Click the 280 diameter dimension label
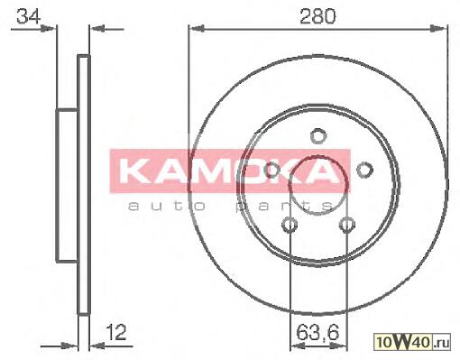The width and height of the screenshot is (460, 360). tap(317, 16)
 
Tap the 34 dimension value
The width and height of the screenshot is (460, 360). tap(29, 16)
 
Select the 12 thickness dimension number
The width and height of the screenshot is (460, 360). tap(115, 332)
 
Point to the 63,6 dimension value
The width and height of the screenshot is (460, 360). tap(317, 333)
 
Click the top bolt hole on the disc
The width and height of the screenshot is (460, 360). tap(318, 135)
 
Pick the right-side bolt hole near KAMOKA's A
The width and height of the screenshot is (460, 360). tap(364, 170)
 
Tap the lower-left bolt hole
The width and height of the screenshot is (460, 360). tap(290, 225)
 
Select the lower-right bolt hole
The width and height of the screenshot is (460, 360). tap(347, 225)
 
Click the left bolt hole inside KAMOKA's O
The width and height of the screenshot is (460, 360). tap(272, 170)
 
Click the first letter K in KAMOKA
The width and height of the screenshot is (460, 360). tap(133, 171)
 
